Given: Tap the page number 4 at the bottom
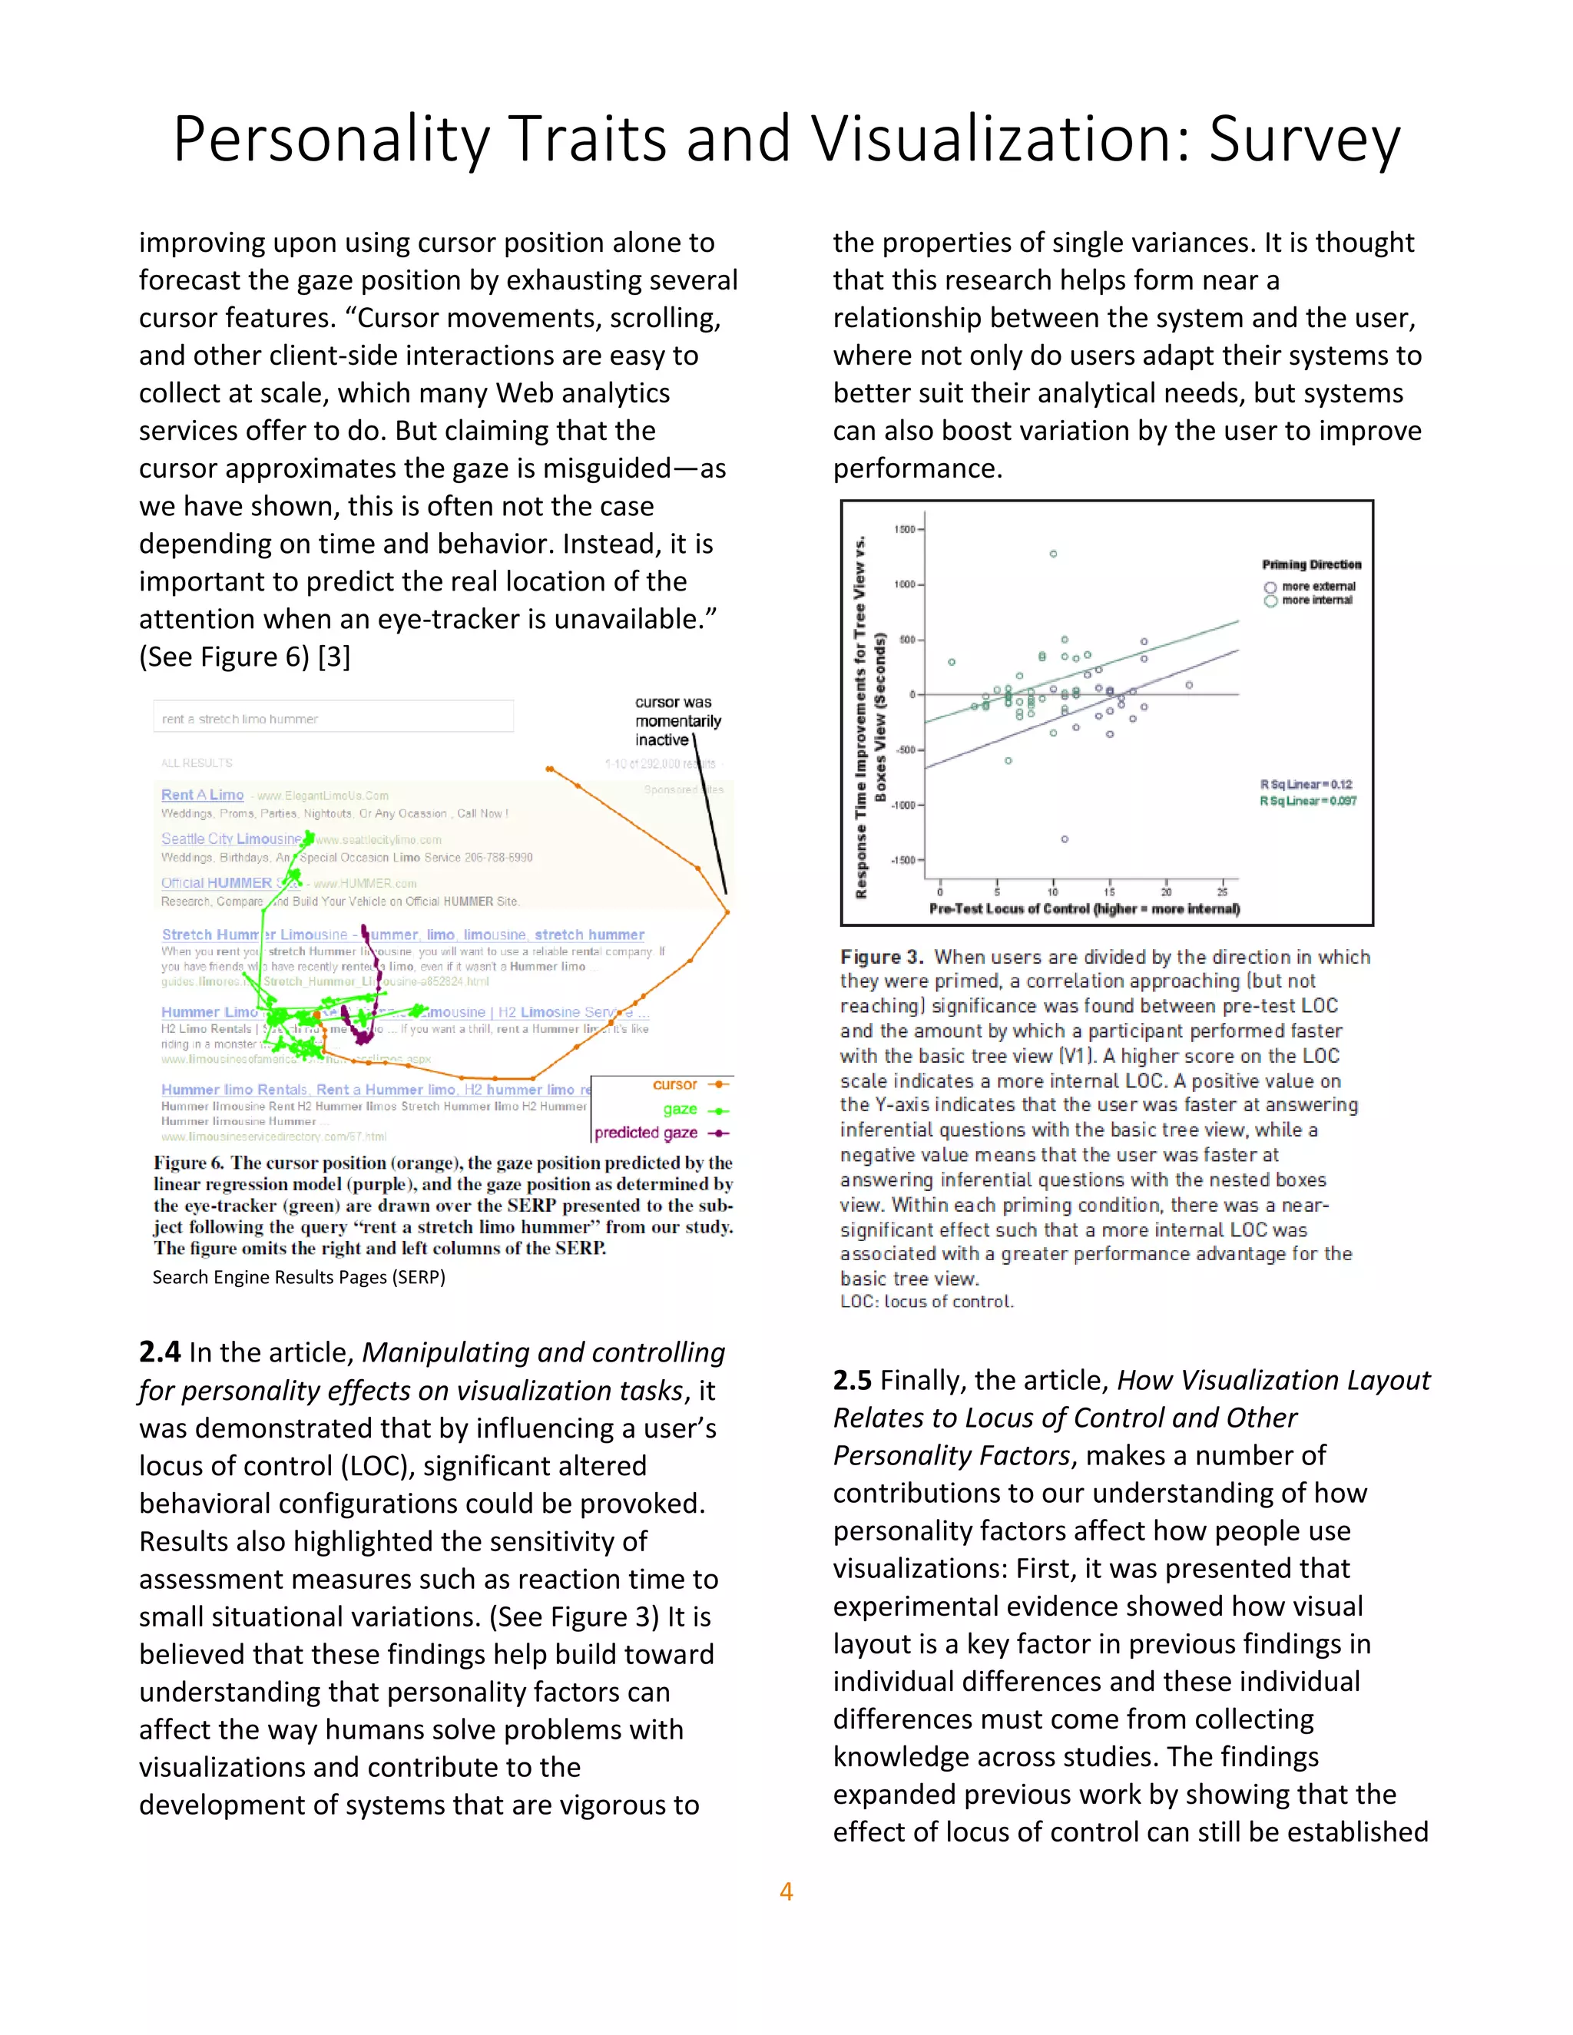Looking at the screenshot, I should point(786,1891).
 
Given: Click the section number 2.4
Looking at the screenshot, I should point(159,1352).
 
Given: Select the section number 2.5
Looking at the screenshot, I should point(853,1380).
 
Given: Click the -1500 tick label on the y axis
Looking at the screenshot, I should point(904,860).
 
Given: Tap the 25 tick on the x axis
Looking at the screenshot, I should point(1222,892).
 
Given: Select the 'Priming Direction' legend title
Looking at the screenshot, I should point(1311,564).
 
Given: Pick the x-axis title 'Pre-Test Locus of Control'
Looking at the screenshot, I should point(1084,908).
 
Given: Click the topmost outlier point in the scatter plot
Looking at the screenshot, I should point(1053,554).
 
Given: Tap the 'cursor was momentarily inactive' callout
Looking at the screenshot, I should point(677,721).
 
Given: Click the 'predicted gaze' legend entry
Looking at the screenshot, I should point(647,1133).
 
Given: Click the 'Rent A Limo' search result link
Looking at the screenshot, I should point(202,795).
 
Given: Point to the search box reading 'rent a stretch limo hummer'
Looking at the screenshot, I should point(333,719).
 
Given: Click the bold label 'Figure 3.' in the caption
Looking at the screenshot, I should point(881,957).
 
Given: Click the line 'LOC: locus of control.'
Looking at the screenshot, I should point(926,1302).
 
